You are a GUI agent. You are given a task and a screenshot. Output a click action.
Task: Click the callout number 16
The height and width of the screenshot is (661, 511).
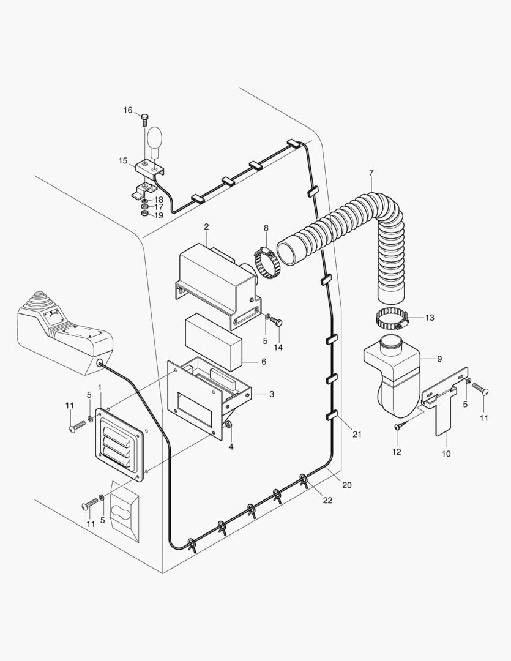128,110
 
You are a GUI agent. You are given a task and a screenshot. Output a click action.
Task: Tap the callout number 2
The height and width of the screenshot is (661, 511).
207,226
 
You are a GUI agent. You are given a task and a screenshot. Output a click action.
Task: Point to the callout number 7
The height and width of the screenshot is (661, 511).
371,173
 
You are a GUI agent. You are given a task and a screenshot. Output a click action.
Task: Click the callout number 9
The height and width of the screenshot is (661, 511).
439,359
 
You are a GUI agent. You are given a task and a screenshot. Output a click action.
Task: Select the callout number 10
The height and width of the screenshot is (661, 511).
446,454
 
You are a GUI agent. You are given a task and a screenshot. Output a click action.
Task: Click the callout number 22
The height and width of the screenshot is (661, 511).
327,500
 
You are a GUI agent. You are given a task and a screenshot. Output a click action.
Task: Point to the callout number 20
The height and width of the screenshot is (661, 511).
347,485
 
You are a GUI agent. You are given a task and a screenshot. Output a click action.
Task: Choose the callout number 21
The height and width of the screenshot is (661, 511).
357,435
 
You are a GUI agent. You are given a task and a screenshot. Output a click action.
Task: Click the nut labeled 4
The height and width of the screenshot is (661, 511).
229,425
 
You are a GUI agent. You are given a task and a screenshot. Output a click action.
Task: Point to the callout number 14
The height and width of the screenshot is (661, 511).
278,347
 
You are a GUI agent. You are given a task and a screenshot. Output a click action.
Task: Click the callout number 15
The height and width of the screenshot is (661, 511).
123,161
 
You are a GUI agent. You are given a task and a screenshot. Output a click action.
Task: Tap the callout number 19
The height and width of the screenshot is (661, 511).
159,215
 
